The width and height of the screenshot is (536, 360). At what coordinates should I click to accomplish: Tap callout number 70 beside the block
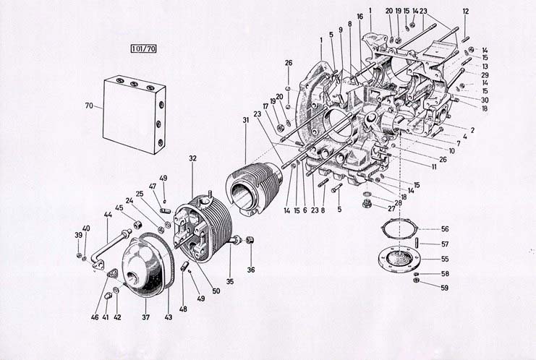point(89,106)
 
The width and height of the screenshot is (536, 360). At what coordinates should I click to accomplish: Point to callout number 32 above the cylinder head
point(192,158)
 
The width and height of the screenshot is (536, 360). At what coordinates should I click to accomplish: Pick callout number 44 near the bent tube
point(108,215)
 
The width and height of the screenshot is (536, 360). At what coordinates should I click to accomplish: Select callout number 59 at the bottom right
point(445,288)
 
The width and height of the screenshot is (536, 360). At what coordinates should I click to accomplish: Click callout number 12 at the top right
point(466,11)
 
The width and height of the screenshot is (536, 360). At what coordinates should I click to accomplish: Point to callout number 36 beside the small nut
point(251,270)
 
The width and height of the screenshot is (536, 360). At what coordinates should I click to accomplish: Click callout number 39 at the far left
point(78,236)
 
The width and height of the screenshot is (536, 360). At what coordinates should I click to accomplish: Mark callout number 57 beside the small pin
point(445,244)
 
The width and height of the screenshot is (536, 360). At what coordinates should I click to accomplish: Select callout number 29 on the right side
point(485,75)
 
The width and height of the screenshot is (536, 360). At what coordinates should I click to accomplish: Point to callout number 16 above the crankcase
point(360,16)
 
